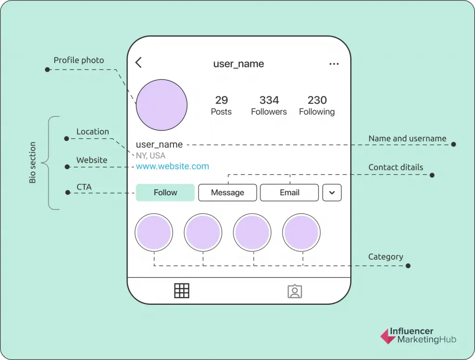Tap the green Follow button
165,193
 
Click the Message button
227,193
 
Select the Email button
289,193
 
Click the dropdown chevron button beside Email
332,193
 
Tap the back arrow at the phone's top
138,63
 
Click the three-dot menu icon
334,64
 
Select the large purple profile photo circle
161,105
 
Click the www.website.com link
173,166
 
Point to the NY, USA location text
151,155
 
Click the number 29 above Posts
221,100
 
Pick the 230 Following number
317,100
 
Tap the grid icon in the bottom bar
182,291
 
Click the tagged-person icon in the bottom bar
295,291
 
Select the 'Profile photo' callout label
79,60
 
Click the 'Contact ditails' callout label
396,167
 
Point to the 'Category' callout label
385,257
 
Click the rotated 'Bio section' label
32,162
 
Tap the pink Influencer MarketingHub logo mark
388,336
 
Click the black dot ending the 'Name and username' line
454,144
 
